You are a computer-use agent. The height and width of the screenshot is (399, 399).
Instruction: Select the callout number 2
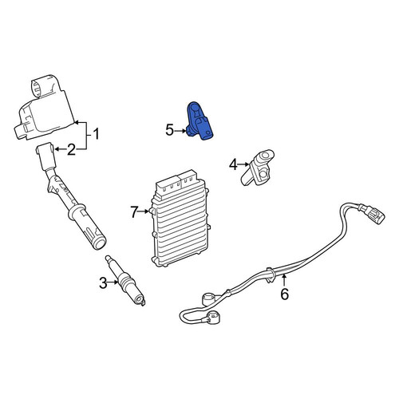71,149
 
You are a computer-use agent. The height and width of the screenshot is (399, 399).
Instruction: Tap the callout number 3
103,283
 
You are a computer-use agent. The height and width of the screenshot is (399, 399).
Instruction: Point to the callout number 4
233,164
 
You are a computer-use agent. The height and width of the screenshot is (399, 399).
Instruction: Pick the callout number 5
169,131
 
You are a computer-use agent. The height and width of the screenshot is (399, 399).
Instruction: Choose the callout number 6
285,294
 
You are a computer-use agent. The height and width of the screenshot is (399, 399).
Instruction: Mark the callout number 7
135,212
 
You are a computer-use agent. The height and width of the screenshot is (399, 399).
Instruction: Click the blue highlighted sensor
200,121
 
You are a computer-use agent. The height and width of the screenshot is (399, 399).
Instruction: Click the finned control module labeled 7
181,218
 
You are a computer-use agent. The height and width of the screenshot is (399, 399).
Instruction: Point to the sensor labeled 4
258,168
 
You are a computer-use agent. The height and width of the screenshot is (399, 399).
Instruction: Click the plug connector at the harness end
373,214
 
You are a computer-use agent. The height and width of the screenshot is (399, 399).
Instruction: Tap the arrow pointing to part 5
181,131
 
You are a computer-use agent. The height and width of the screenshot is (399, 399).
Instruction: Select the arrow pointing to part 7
144,211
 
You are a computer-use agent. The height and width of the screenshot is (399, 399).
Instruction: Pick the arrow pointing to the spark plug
113,282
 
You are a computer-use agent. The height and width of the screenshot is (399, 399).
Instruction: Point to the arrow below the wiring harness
284,281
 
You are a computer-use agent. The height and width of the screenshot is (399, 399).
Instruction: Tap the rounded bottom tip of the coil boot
100,243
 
